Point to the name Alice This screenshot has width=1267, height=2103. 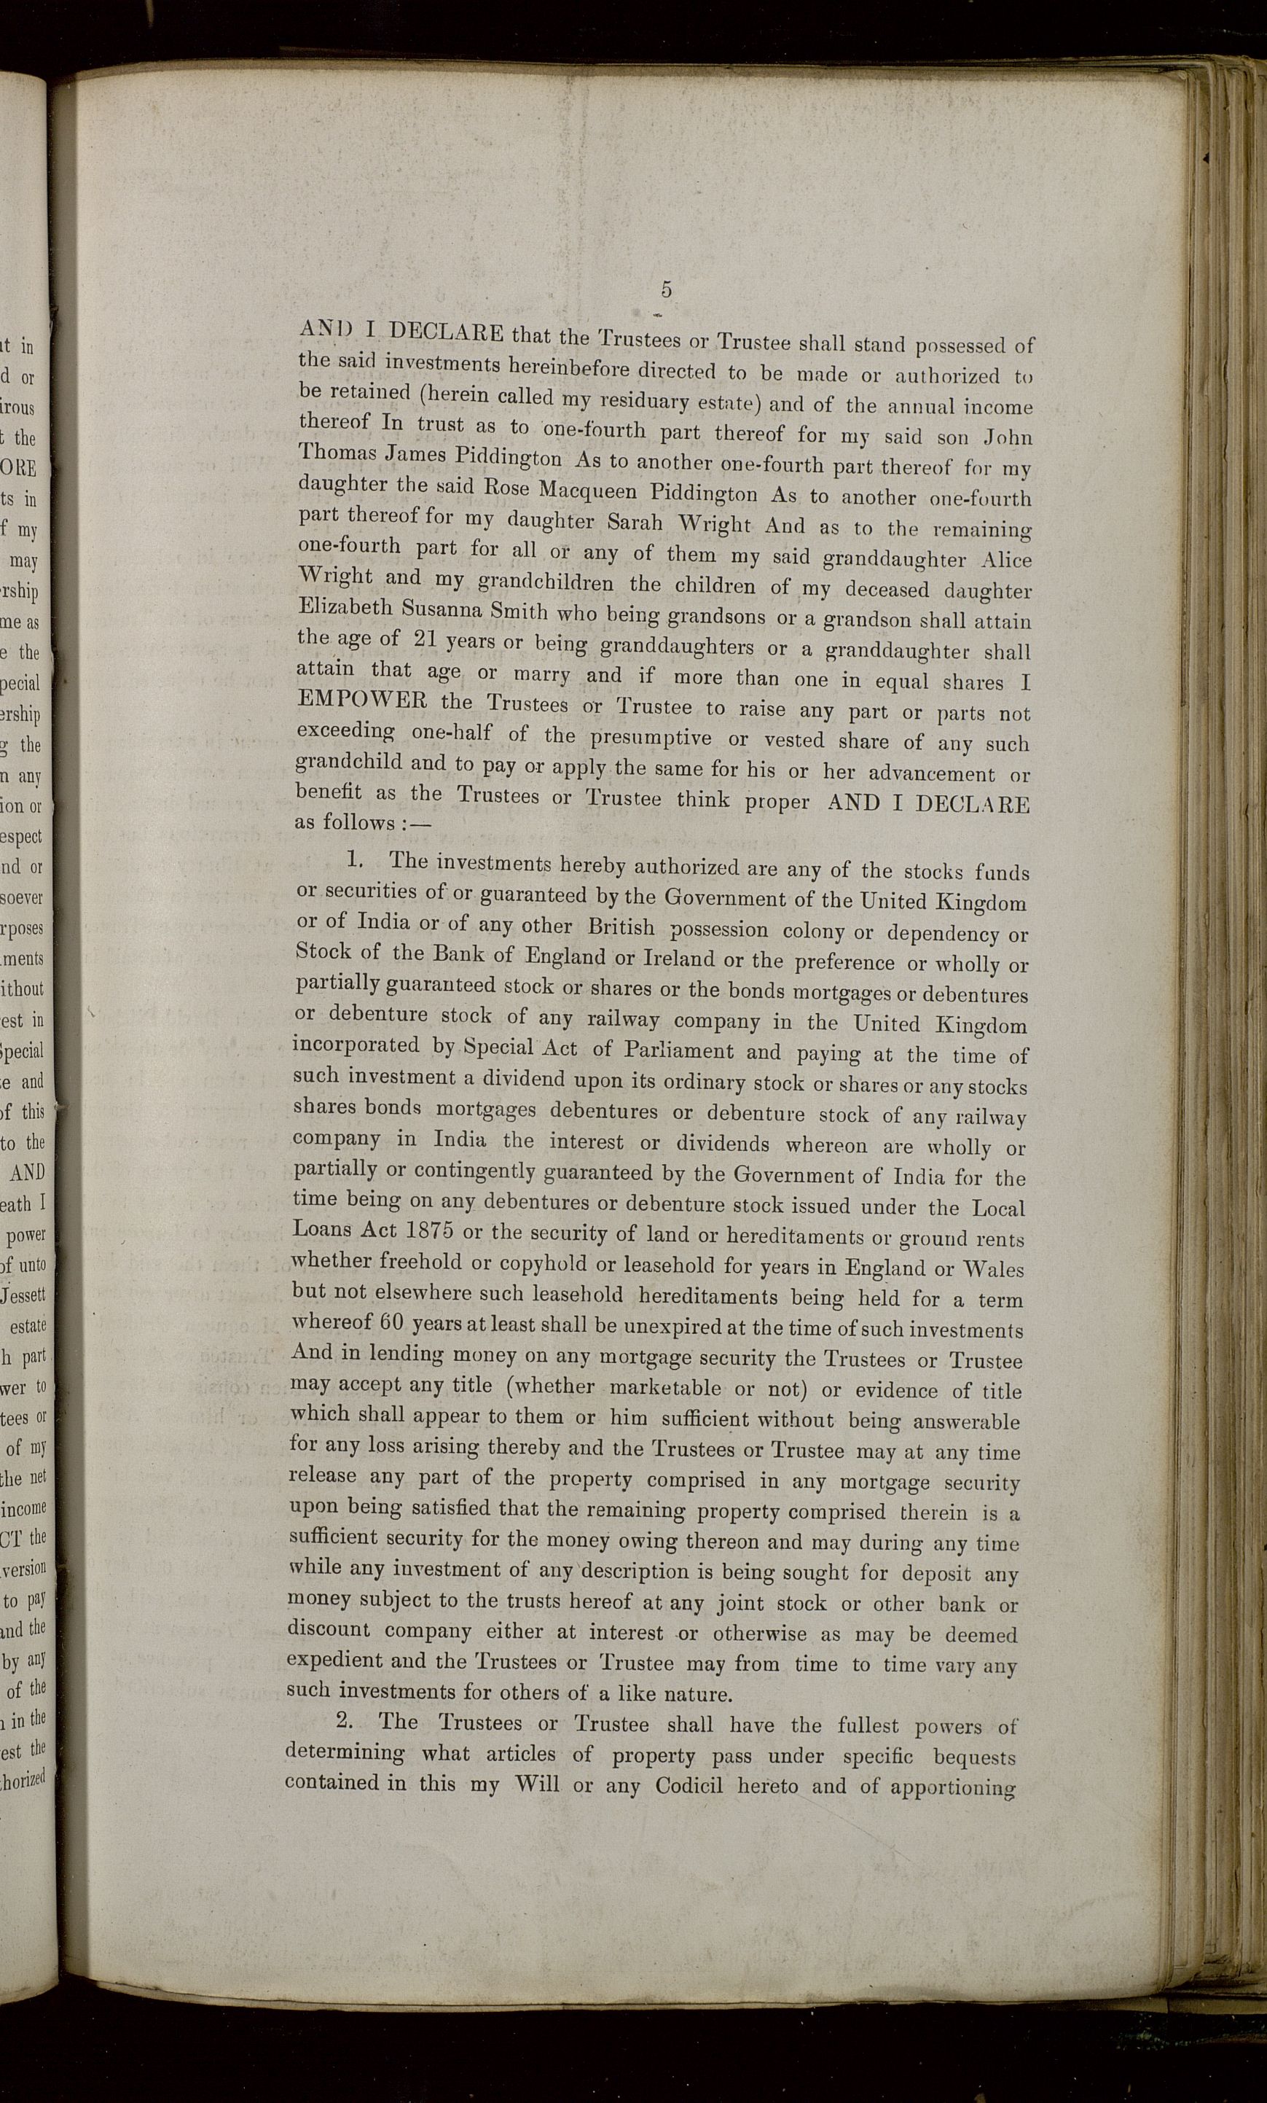[1006, 560]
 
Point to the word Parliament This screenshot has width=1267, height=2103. [678, 1050]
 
